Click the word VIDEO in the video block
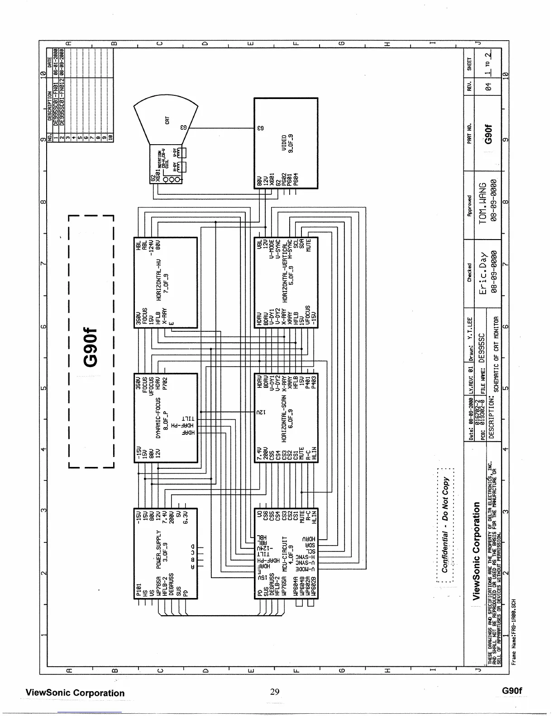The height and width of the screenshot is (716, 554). (284, 143)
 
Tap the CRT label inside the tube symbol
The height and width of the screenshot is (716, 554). (167, 121)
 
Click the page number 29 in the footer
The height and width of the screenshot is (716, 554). (275, 692)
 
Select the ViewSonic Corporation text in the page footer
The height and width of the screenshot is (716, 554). (75, 693)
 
